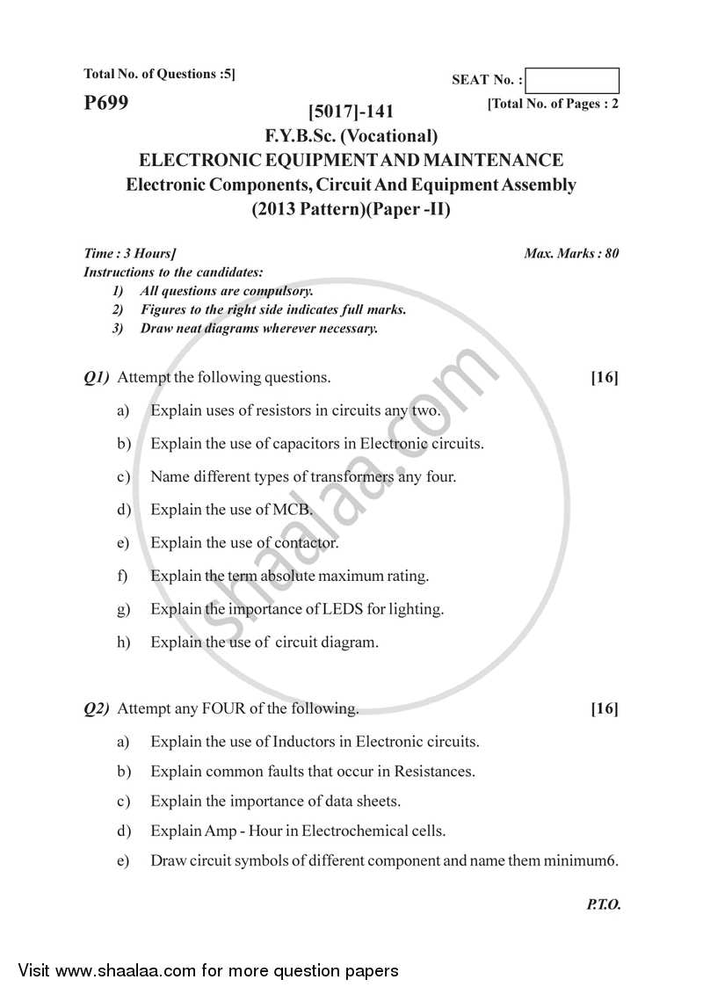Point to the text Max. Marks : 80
pos(571,253)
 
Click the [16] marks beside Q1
pos(605,378)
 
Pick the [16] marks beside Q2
pos(605,708)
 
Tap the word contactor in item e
pos(306,543)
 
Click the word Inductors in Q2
pos(312,742)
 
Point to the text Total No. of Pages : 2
pos(554,104)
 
